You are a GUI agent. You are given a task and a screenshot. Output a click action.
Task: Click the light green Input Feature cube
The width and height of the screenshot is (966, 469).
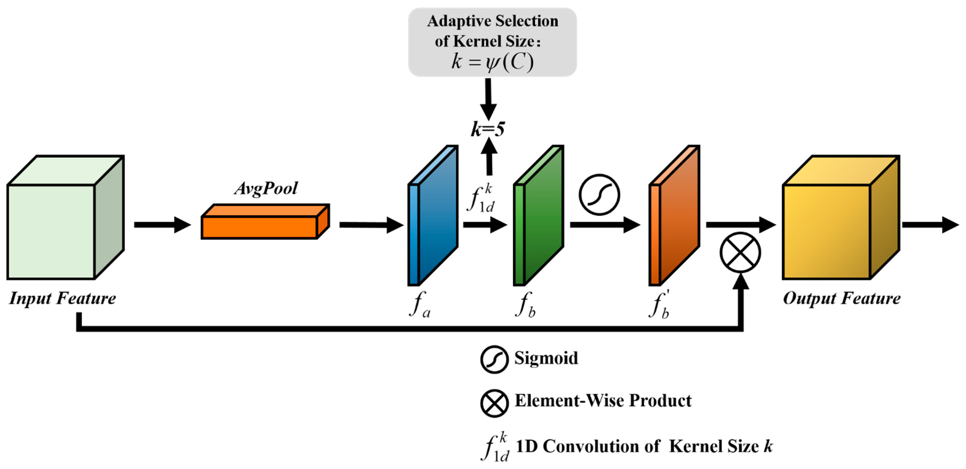point(56,225)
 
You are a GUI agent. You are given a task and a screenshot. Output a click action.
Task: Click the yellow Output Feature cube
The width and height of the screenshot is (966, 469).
point(832,225)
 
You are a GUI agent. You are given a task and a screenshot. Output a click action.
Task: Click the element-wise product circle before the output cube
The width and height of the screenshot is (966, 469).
point(740,252)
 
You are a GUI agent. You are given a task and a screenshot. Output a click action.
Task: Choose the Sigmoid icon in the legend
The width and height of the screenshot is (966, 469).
point(494,359)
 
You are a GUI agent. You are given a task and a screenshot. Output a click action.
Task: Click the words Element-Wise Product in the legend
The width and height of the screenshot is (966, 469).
point(603,401)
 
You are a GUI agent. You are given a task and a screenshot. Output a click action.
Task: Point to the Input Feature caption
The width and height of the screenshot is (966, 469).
point(63,299)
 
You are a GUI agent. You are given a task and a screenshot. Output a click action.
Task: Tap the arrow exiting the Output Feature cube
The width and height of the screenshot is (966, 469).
point(930,225)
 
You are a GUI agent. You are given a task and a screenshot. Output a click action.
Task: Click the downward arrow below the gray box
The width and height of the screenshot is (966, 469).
point(488,100)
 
